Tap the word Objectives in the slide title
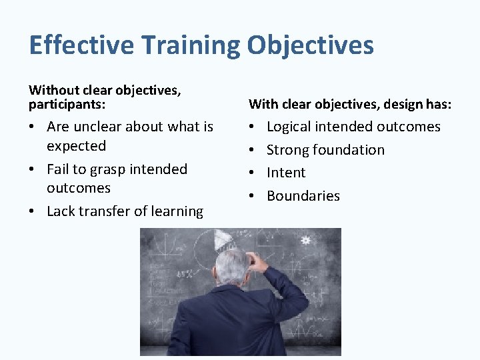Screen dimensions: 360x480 pyautogui.click(x=310, y=45)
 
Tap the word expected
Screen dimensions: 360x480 pyautogui.click(x=76, y=145)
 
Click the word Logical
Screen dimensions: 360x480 pyautogui.click(x=289, y=127)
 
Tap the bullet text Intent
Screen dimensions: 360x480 pyautogui.click(x=286, y=173)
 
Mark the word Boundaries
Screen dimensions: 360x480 pyautogui.click(x=303, y=196)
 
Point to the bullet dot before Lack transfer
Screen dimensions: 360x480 pyautogui.click(x=32, y=212)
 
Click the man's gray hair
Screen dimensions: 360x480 pyautogui.click(x=231, y=265)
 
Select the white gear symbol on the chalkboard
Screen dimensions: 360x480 pyautogui.click(x=306, y=239)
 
